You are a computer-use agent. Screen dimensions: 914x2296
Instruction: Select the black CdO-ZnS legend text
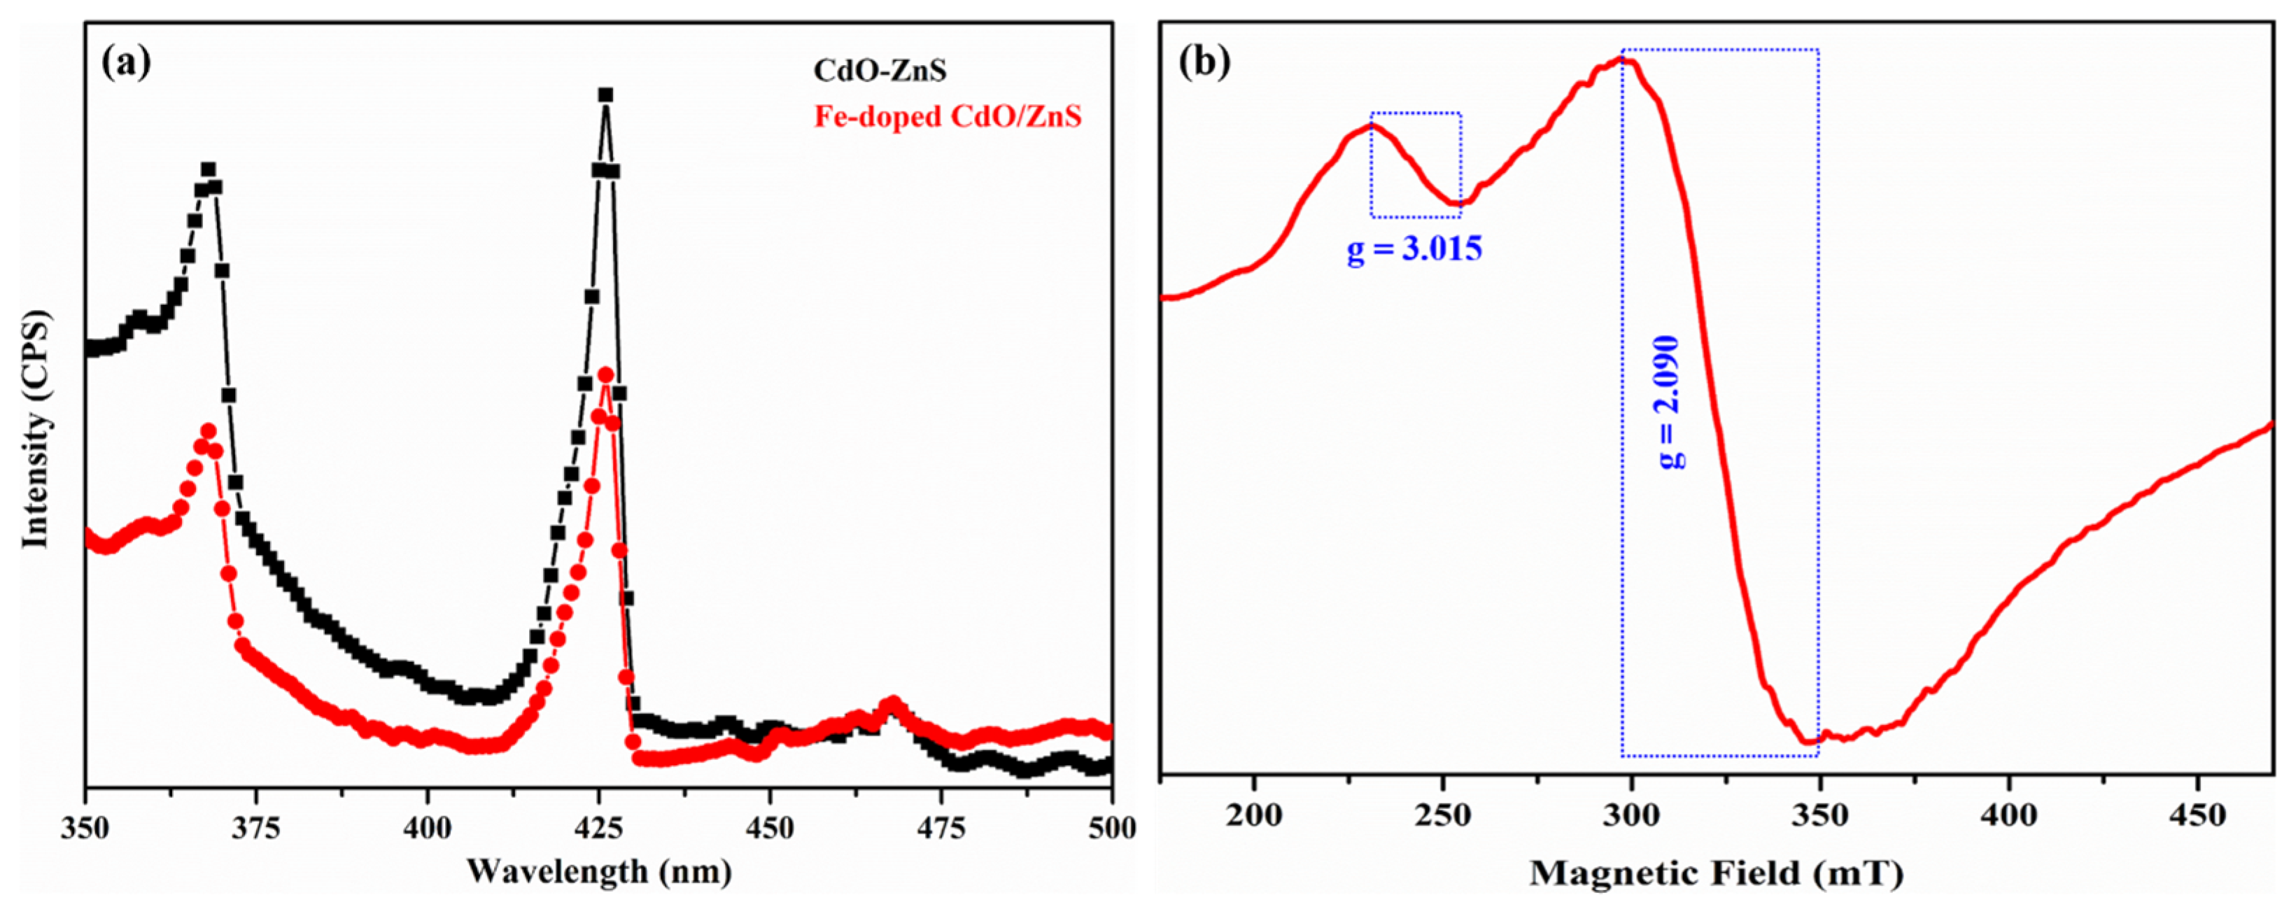[x=879, y=71]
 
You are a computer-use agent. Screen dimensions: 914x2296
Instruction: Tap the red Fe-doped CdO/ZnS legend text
[x=948, y=117]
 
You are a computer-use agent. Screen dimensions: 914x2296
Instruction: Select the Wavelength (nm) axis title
[x=599, y=871]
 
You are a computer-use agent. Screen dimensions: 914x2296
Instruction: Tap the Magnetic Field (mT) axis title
[x=1717, y=873]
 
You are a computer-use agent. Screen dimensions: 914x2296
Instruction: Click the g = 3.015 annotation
[x=1414, y=248]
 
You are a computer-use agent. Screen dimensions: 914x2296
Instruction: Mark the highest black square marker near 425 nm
[x=605, y=95]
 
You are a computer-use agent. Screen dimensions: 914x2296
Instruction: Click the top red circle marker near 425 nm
[x=605, y=374]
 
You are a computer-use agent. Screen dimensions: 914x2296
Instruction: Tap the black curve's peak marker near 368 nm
[x=209, y=169]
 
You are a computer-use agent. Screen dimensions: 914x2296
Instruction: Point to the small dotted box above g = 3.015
[x=1416, y=165]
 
